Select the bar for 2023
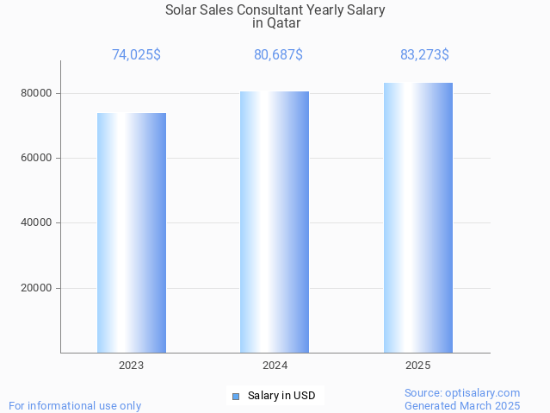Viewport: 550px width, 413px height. click(132, 233)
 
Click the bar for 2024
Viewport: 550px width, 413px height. click(275, 222)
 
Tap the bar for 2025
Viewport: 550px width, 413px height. click(418, 217)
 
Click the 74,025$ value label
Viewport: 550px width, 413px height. click(136, 54)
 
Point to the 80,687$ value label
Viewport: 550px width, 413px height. click(278, 54)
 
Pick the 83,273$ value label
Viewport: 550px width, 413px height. click(424, 54)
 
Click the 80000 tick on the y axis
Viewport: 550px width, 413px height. click(37, 93)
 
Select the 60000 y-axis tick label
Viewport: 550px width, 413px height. click(37, 158)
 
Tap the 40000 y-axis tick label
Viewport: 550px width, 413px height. click(37, 223)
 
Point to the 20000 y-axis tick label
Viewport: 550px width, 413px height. click(37, 288)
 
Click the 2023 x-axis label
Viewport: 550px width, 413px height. click(132, 366)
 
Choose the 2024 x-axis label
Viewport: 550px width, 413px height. click(275, 366)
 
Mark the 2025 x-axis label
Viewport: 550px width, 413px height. click(418, 366)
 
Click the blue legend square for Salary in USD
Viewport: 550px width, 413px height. click(235, 396)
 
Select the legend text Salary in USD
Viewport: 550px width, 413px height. click(281, 396)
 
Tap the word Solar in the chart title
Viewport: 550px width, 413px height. click(182, 10)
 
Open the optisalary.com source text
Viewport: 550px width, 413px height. click(462, 392)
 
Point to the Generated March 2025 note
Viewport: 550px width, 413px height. click(462, 405)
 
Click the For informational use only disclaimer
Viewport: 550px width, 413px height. click(75, 405)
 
